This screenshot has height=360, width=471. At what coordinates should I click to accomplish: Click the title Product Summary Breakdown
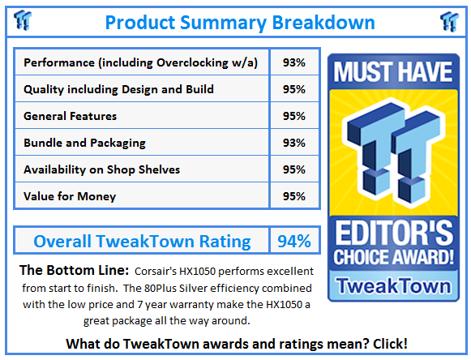pos(239,21)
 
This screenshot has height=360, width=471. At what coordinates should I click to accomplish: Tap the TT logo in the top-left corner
pos(24,21)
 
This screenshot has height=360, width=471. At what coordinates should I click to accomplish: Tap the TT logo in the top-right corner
pos(449,21)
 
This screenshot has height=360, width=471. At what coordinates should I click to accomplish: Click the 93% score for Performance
pos(294,62)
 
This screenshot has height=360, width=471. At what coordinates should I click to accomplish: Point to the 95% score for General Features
pos(294,116)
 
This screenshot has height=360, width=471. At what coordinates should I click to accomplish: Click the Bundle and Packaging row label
pos(85,143)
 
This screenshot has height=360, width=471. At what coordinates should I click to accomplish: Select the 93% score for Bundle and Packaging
pos(294,143)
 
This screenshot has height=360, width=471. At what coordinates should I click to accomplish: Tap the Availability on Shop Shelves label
pos(102,169)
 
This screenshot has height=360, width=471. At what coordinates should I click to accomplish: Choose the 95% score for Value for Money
pos(294,196)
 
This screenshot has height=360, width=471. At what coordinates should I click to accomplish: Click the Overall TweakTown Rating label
pos(142,241)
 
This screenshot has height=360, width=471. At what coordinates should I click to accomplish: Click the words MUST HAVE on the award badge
pos(392,74)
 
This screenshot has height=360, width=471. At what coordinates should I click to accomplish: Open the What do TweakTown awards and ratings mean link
pos(235,344)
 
